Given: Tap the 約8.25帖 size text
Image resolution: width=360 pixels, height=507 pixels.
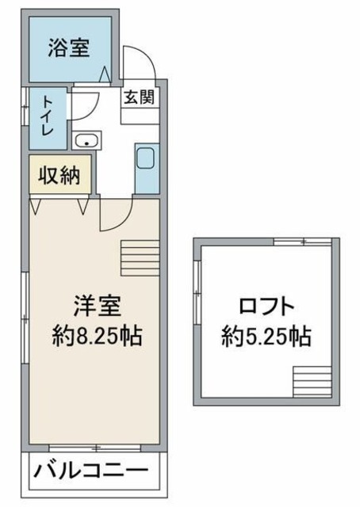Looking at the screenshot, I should pyautogui.click(x=97, y=336).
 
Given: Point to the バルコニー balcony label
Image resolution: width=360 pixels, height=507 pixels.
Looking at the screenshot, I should pyautogui.click(x=90, y=473).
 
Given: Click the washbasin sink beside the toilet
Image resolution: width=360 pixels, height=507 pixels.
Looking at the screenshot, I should pyautogui.click(x=86, y=142).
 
